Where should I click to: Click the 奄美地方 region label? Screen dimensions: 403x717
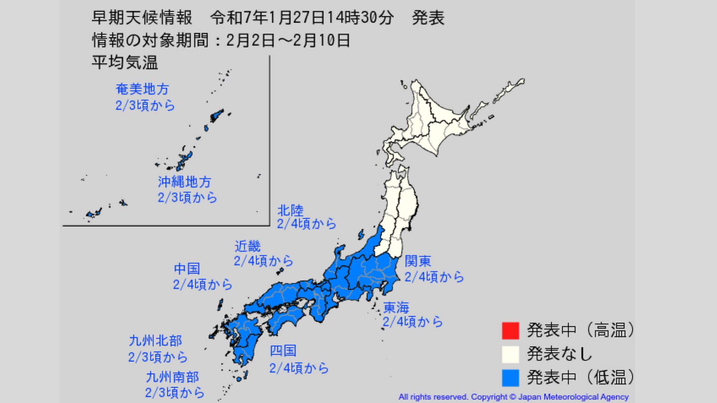(x=142, y=89)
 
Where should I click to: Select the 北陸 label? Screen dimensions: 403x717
(x=290, y=210)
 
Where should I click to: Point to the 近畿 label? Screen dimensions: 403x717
(x=247, y=246)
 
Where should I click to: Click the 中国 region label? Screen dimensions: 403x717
(x=187, y=269)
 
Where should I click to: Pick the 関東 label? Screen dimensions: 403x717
(x=418, y=261)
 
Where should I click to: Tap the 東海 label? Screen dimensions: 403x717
(x=397, y=307)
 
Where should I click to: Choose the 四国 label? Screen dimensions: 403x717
(x=283, y=351)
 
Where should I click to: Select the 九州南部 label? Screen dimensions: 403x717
(x=172, y=377)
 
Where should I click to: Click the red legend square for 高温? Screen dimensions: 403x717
(x=510, y=331)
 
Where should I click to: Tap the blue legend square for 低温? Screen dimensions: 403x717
(x=510, y=378)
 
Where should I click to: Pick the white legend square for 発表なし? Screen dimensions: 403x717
(x=510, y=354)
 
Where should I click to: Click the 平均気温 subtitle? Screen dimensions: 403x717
(x=125, y=62)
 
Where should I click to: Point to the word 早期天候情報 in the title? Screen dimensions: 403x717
(x=142, y=18)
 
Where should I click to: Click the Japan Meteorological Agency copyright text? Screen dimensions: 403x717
(x=513, y=397)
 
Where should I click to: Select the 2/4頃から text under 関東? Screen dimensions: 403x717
(x=434, y=277)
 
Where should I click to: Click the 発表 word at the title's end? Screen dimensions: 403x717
(x=428, y=18)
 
